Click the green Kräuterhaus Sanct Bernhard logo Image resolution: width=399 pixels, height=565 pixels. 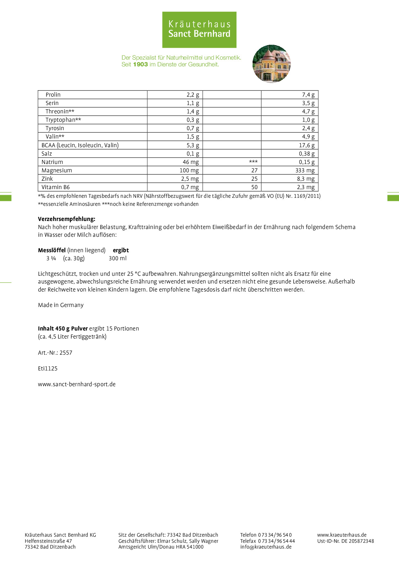click(x=199, y=30)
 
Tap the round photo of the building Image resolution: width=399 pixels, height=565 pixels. click(x=272, y=64)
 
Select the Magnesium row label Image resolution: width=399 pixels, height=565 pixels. click(x=57, y=170)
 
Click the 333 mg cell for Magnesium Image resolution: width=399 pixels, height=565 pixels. click(x=305, y=170)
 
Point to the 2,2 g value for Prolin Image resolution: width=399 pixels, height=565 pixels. click(x=193, y=95)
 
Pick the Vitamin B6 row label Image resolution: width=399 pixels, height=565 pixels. click(x=55, y=187)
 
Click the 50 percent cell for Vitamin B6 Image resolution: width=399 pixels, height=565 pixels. click(x=254, y=187)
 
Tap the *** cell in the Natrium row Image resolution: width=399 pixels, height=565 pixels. click(x=253, y=162)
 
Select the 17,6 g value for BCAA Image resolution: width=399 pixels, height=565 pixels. click(x=307, y=145)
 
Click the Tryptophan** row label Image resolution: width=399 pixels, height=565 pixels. click(x=63, y=120)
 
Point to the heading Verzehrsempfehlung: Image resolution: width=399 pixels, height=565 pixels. click(x=67, y=219)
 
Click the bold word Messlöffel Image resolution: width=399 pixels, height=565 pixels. click(x=52, y=250)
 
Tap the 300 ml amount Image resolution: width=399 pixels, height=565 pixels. click(x=117, y=258)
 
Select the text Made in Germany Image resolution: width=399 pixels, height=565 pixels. click(x=61, y=305)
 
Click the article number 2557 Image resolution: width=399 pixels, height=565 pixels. click(x=66, y=353)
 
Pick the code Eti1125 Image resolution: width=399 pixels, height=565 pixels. click(x=48, y=369)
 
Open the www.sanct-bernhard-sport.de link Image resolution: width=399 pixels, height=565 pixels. click(x=77, y=384)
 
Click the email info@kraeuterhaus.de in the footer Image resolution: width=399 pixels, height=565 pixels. click(x=266, y=547)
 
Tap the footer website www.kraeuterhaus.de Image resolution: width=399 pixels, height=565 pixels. click(x=342, y=535)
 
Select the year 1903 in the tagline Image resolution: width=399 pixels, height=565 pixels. click(x=140, y=64)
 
